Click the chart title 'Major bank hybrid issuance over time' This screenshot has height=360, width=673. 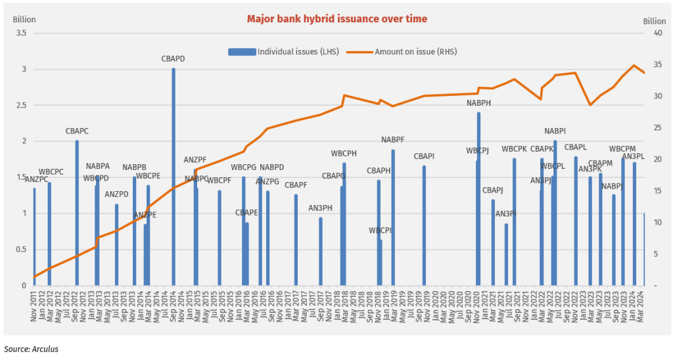point(336,18)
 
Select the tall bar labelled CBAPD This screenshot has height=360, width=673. point(174,177)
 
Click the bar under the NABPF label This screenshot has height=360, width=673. point(393,217)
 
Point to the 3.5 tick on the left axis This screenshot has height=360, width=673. point(20,33)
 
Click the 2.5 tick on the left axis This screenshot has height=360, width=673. point(20,105)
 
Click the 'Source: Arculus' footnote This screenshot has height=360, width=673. point(31,349)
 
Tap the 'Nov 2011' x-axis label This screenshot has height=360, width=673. point(34,305)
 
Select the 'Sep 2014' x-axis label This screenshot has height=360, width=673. point(174,305)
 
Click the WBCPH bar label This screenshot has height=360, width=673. point(344,153)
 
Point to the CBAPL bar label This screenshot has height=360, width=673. point(575,147)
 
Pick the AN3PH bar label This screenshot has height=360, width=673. point(320,208)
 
